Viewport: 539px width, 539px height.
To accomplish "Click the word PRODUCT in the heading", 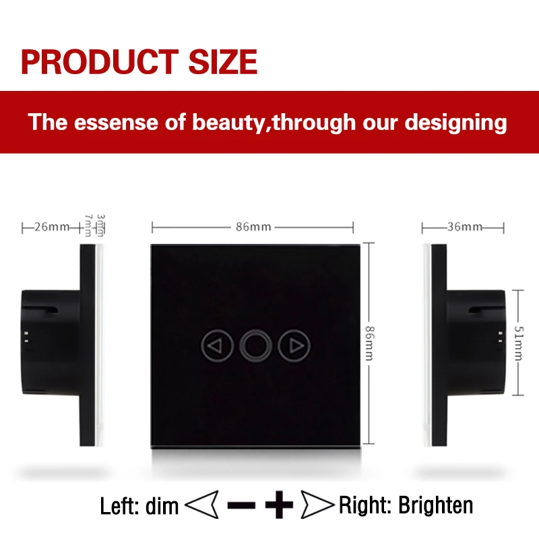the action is [100, 62].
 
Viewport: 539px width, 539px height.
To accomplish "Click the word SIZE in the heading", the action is [223, 62].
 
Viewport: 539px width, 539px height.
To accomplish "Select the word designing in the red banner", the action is [455, 123].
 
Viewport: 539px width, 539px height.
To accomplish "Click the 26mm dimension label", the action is [52, 227].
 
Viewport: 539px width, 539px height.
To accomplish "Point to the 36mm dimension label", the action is [465, 227].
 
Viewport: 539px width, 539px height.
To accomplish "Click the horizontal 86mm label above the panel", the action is [253, 227].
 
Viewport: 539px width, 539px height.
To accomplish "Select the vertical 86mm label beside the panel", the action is [369, 343].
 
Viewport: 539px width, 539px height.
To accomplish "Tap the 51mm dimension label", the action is [519, 343].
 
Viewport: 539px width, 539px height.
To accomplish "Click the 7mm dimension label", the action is [88, 226].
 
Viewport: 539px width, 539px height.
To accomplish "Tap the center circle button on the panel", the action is [256, 346].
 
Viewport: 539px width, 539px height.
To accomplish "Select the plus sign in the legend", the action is [279, 505].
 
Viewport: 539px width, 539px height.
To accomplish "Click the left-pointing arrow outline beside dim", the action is [201, 505].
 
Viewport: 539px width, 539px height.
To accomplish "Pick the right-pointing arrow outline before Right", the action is [317, 505].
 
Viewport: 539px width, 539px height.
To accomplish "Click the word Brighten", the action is [435, 505].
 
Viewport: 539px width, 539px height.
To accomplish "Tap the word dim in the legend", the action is [162, 506].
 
